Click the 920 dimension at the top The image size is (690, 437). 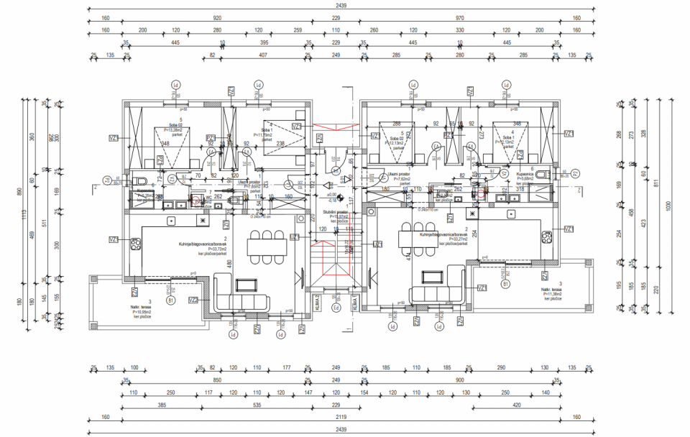point(217,18)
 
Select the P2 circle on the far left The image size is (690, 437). point(107,180)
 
